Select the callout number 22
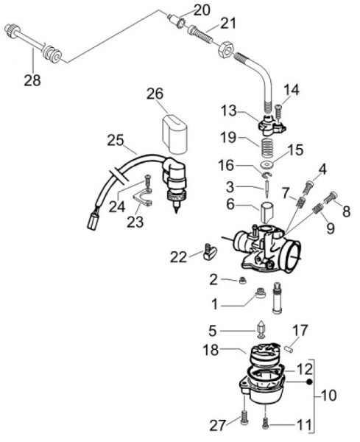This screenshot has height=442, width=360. click(x=180, y=256)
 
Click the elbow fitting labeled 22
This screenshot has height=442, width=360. click(x=208, y=254)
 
